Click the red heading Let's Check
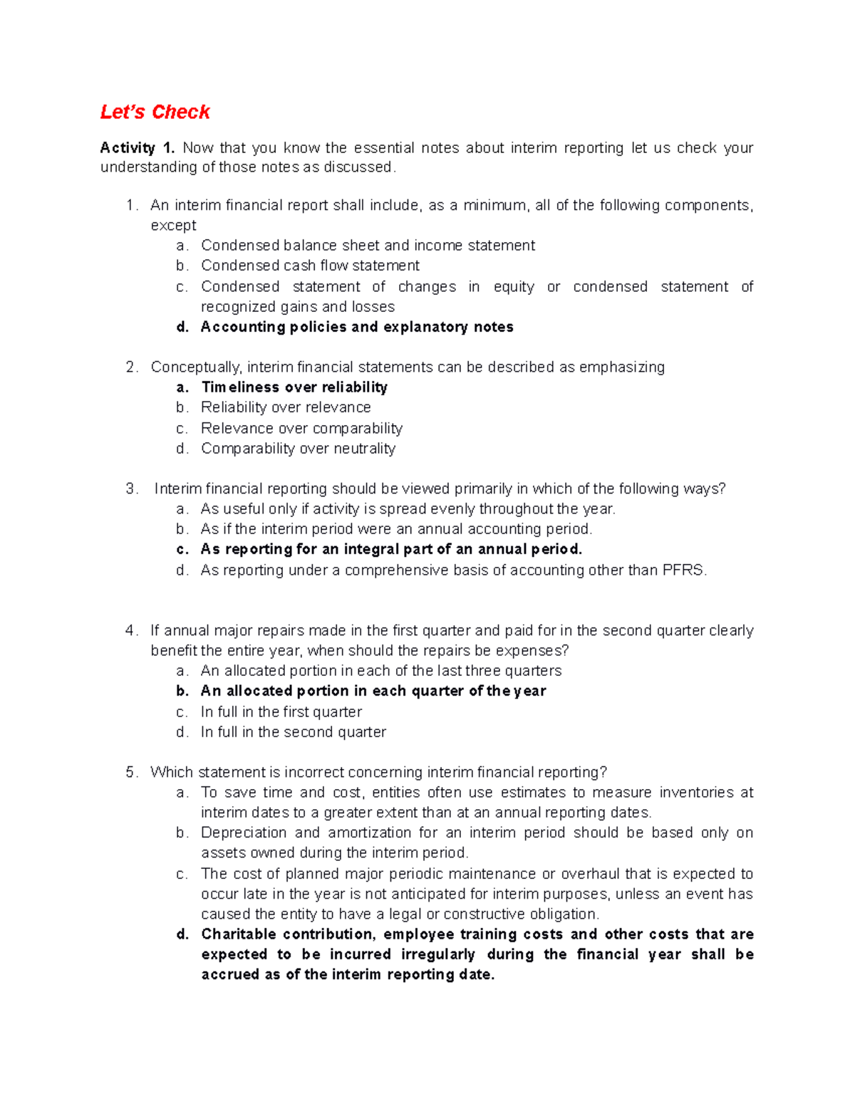pyautogui.click(x=155, y=113)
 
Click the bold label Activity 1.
pyautogui.click(x=137, y=148)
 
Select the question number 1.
pyautogui.click(x=130, y=206)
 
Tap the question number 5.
pyautogui.click(x=130, y=773)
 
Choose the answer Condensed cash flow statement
pyautogui.click(x=310, y=266)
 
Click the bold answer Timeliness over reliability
pyautogui.click(x=294, y=387)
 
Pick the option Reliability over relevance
pyautogui.click(x=286, y=407)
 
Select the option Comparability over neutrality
pyautogui.click(x=298, y=449)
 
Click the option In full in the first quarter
pyautogui.click(x=281, y=712)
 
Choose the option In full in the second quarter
pyautogui.click(x=293, y=732)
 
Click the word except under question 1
pyautogui.click(x=173, y=226)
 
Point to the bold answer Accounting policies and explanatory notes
pyautogui.click(x=357, y=327)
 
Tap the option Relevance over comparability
pyautogui.click(x=301, y=429)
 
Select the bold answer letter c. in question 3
pyautogui.click(x=182, y=550)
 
